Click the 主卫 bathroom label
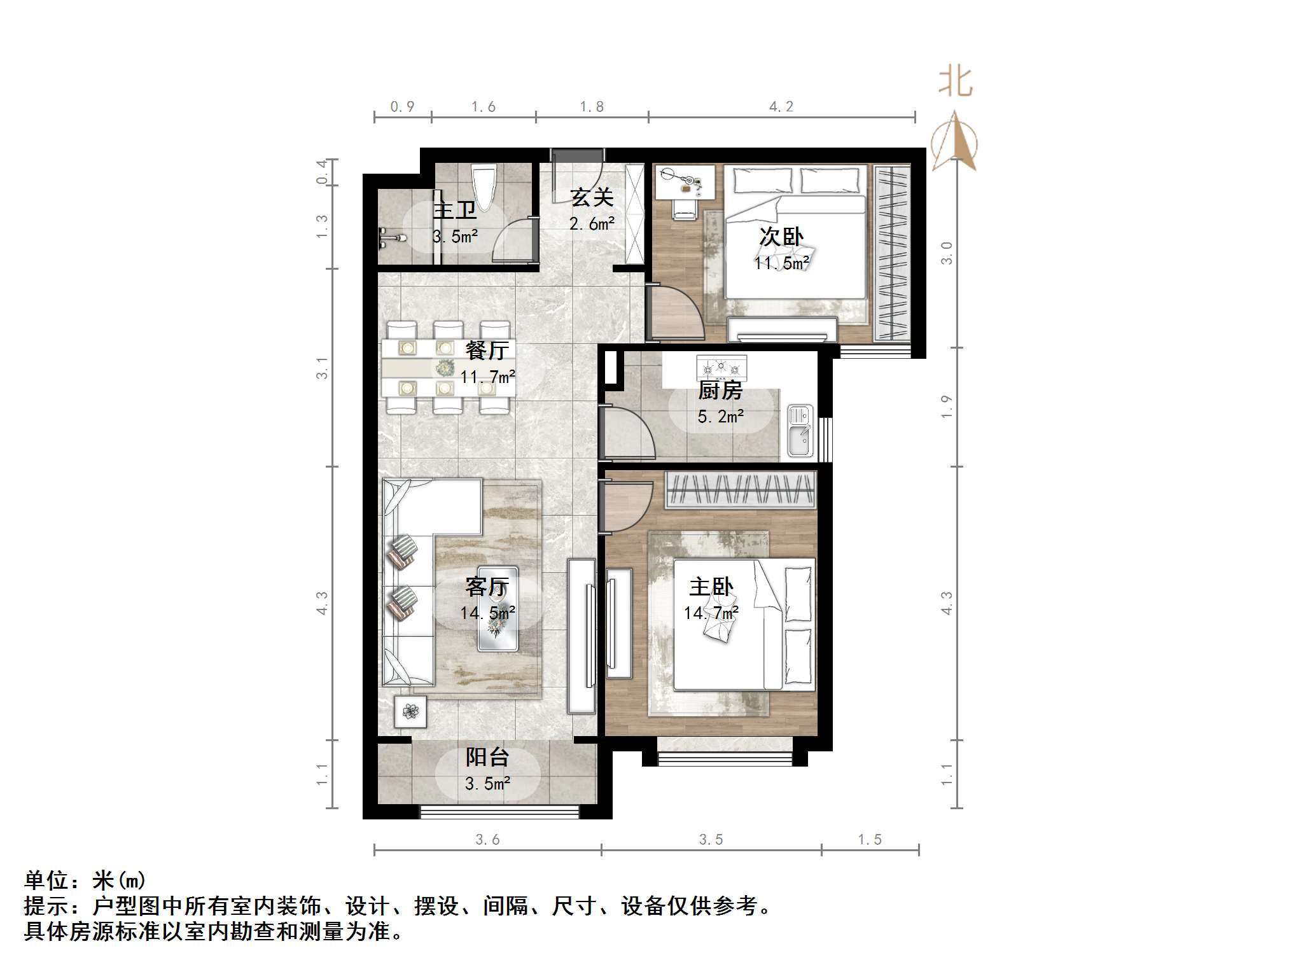pos(455,209)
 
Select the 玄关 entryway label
pos(592,197)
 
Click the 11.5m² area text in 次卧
pos(781,263)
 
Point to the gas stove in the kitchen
pos(721,368)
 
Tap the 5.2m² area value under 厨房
pos(720,417)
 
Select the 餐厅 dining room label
pos(487,350)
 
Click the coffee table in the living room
pos(498,609)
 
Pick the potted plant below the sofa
pos(410,711)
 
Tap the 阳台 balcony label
pos(487,756)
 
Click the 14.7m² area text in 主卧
pos(711,613)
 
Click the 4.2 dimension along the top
pos(781,107)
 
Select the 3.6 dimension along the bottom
pos(487,840)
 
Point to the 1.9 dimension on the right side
pos(947,407)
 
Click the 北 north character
pos(956,82)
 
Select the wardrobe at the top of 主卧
pos(740,490)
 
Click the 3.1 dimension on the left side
pos(323,368)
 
